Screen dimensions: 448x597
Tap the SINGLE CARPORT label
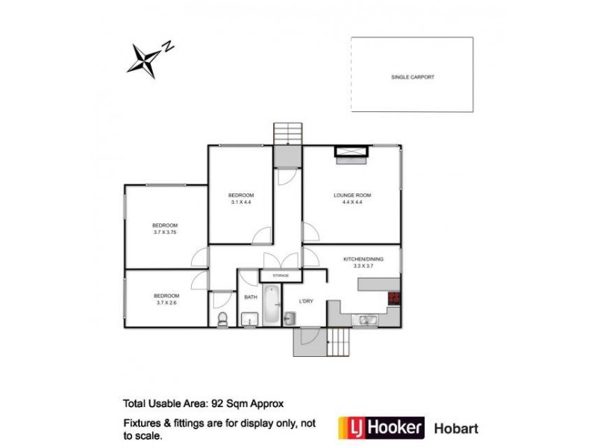(412, 77)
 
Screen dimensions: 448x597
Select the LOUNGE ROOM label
(351, 196)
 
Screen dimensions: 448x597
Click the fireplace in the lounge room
(351, 155)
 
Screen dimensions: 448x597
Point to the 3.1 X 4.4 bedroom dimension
(240, 202)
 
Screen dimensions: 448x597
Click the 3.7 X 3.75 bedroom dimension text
(165, 232)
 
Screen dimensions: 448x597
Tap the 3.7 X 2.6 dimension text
(165, 302)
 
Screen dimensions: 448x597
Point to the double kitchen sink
(365, 320)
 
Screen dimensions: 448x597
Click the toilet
(222, 320)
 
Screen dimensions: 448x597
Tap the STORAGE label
(280, 276)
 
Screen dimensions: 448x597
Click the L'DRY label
(307, 302)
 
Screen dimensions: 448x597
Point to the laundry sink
(291, 320)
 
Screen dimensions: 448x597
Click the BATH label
(251, 298)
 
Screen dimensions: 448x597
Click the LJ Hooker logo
(381, 428)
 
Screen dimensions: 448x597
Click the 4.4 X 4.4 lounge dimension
(351, 202)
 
